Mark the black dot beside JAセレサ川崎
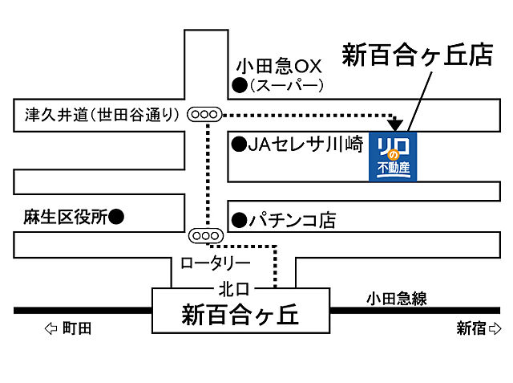[x=239, y=145]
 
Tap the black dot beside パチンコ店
[x=239, y=219]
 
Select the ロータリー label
[x=215, y=263]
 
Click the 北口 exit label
[x=233, y=287]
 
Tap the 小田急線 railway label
[x=397, y=299]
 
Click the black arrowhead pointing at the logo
[x=394, y=124]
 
